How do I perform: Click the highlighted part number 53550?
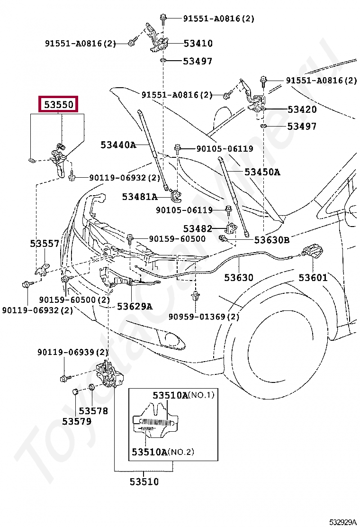59,105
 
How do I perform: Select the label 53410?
198,43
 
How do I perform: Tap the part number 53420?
302,109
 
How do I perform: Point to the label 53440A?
118,145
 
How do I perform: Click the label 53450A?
262,172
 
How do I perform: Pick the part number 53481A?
140,197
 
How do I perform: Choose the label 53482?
198,229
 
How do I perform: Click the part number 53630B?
272,240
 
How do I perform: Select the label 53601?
313,278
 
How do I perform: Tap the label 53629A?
135,307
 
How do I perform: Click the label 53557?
45,243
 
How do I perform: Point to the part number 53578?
93,411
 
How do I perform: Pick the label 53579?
77,421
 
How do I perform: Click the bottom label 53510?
144,482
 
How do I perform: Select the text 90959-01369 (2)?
204,317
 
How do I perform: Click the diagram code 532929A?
342,522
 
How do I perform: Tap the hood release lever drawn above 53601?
313,251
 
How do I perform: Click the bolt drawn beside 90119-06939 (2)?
65,379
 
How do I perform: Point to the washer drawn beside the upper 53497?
163,61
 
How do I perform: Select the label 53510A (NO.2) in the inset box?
163,452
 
